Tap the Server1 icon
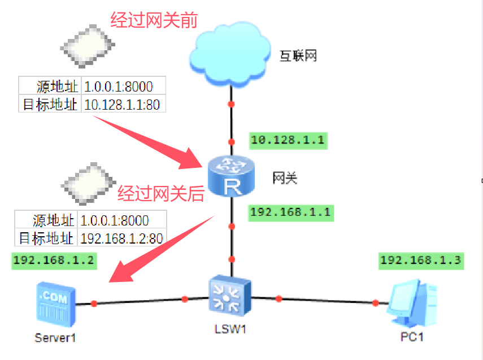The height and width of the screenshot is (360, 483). pos(55,303)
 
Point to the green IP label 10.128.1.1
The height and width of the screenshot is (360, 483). pos(288,140)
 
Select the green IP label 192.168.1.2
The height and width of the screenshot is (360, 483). pos(54,261)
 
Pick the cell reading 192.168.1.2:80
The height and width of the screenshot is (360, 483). pos(120,237)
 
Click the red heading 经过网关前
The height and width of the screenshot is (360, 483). pos(153,21)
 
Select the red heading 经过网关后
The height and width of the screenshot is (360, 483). pos(160,194)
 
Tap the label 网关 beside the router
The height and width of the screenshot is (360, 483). pos(285,178)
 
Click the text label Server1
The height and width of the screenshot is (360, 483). pos(55,338)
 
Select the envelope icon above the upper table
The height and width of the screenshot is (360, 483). pos(88,45)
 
